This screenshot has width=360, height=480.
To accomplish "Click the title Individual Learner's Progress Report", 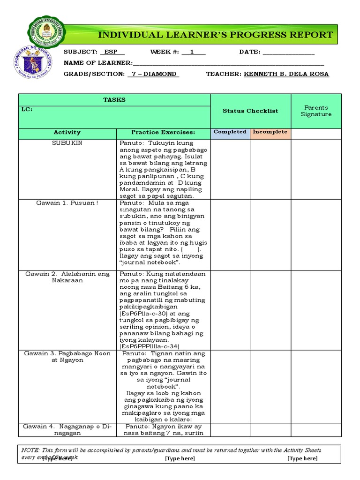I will click(215, 35).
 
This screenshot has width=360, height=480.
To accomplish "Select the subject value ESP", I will click(112, 52).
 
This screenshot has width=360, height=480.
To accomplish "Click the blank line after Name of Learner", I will click(228, 63).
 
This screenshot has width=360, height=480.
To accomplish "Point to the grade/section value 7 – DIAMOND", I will click(154, 74).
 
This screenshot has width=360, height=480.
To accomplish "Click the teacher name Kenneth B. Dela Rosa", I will click(286, 74).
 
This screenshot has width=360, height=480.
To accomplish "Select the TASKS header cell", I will click(114, 100).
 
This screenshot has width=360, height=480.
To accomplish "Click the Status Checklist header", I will click(250, 111).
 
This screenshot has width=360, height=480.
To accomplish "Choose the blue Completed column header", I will click(230, 132).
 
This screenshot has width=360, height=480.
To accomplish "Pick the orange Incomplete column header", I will click(270, 132).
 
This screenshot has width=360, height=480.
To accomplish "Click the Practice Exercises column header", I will click(163, 133).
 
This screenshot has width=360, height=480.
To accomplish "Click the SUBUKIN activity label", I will click(67, 143).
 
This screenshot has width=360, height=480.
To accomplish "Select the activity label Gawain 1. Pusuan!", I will click(67, 203).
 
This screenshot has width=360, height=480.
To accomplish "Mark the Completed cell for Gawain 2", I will click(230, 309).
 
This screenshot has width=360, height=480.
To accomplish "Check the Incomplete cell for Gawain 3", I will click(270, 386).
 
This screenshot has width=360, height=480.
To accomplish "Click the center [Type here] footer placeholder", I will click(180, 458).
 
